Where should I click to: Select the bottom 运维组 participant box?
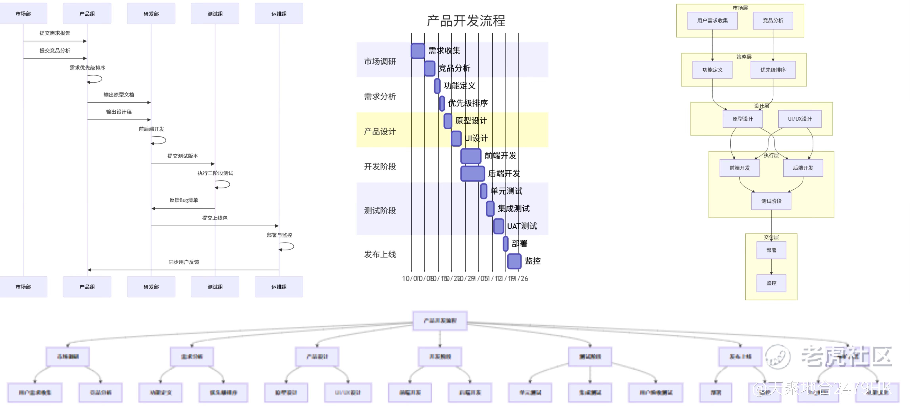pyautogui.click(x=279, y=287)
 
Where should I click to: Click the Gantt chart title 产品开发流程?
pyautogui.click(x=466, y=21)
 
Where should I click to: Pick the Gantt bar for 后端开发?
pyautogui.click(x=472, y=173)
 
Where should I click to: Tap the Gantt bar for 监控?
pyautogui.click(x=514, y=261)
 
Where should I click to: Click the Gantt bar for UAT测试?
pyautogui.click(x=498, y=226)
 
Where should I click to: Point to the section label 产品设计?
pyautogui.click(x=380, y=131)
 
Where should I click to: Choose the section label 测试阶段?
pyautogui.click(x=380, y=210)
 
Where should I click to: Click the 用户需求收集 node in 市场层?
pyautogui.click(x=712, y=20)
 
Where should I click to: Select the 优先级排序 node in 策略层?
pyautogui.click(x=773, y=70)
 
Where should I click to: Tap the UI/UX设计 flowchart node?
pyautogui.click(x=800, y=119)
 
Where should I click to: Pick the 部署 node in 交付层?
pyautogui.click(x=771, y=250)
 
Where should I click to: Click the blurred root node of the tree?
pyautogui.click(x=440, y=321)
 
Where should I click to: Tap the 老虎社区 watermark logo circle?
pyautogui.click(x=778, y=356)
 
